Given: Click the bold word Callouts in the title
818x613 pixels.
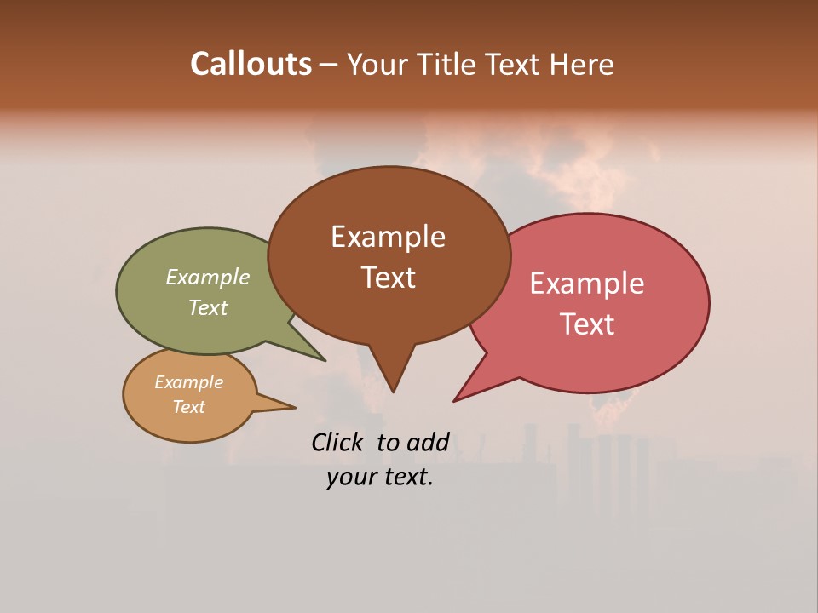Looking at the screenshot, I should (251, 64).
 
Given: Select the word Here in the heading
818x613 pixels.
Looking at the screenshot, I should (583, 64).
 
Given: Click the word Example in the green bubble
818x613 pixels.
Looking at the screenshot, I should (208, 278).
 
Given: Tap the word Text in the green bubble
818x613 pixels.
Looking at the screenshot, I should (208, 307).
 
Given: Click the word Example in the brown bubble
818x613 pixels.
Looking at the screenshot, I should (388, 237).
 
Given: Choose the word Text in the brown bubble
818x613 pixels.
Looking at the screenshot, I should (389, 277).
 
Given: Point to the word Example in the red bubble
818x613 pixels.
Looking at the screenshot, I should (587, 284).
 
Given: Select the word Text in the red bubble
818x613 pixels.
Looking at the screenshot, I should (588, 324).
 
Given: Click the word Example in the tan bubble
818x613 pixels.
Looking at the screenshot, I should (188, 382).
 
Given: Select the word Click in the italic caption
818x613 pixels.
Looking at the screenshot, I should (339, 442).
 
